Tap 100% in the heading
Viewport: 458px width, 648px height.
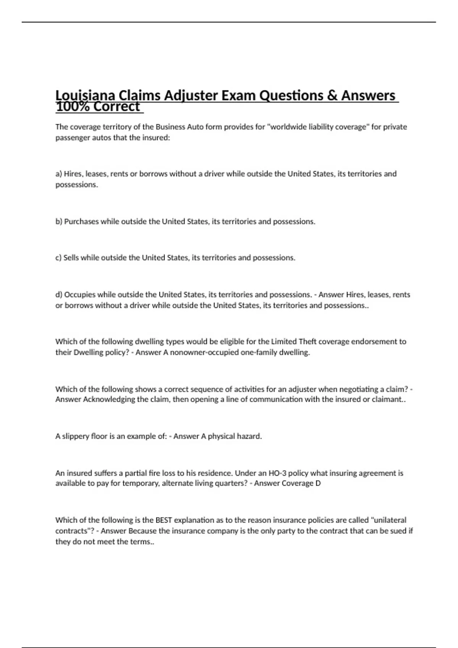[x=72, y=107]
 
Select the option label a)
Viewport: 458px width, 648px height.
[x=59, y=174]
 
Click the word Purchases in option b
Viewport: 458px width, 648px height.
[x=81, y=221]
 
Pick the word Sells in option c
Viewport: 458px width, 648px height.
[x=71, y=258]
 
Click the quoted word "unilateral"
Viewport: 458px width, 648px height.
[x=389, y=520]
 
